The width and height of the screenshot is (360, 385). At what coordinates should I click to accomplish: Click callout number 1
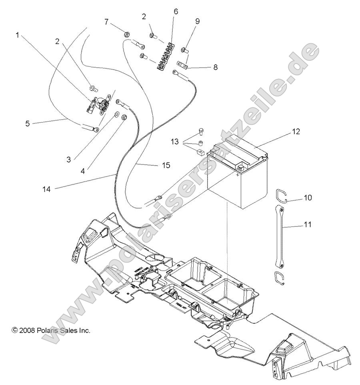click(x=17, y=35)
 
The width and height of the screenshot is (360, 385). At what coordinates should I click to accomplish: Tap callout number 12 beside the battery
click(x=296, y=131)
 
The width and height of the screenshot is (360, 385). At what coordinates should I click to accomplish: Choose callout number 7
click(x=106, y=21)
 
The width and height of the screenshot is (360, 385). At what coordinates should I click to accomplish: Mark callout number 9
click(x=197, y=20)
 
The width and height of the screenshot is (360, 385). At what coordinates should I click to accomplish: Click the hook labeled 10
click(x=281, y=197)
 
